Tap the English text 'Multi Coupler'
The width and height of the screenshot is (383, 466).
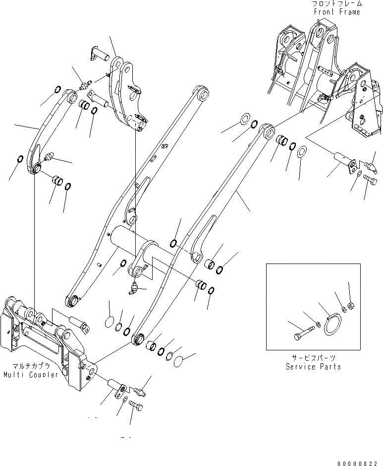(x=29, y=374)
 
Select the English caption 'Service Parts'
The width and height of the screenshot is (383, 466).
(x=313, y=367)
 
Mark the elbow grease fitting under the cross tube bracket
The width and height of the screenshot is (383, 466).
(x=134, y=288)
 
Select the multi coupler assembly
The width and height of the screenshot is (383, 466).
(x=50, y=337)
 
